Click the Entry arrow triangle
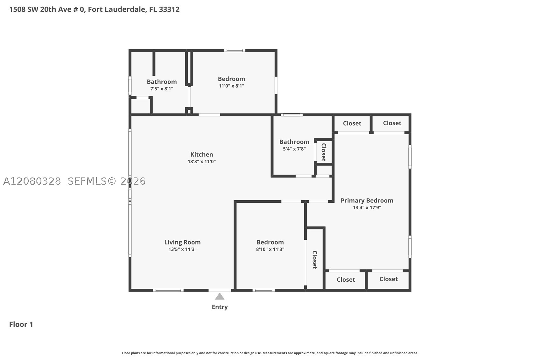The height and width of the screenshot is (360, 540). click(220, 296)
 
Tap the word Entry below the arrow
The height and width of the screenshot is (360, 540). click(220, 307)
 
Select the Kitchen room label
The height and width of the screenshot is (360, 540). click(201, 154)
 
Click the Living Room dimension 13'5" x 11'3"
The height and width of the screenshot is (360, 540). click(182, 249)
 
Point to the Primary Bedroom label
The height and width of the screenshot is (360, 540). click(367, 201)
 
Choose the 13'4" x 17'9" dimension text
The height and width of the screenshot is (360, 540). click(367, 207)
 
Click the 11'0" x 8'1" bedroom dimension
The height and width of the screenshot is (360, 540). click(231, 86)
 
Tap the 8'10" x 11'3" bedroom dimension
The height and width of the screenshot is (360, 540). click(270, 249)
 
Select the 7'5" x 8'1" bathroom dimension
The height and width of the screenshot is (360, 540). click(162, 89)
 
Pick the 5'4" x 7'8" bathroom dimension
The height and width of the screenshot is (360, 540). click(294, 149)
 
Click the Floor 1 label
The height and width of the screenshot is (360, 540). click(21, 324)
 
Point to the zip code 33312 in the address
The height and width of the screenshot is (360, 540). click(169, 10)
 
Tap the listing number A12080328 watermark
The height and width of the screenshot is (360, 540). click(32, 181)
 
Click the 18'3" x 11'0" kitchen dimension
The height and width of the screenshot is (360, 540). click(201, 161)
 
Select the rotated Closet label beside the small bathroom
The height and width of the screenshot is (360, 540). click(324, 152)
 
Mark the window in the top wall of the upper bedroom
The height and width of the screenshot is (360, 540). click(235, 50)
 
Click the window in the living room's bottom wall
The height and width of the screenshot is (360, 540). click(168, 290)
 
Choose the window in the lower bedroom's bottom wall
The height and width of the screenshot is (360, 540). click(263, 290)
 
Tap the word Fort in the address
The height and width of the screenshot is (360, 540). click(95, 10)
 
